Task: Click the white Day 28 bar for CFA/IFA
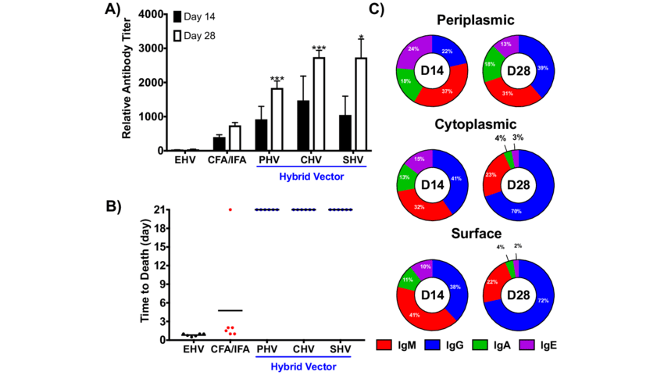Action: pyautogui.click(x=234, y=138)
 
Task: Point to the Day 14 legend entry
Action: pyautogui.click(x=198, y=16)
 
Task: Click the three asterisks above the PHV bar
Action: pyautogui.click(x=277, y=79)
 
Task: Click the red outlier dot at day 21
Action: pyautogui.click(x=230, y=209)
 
